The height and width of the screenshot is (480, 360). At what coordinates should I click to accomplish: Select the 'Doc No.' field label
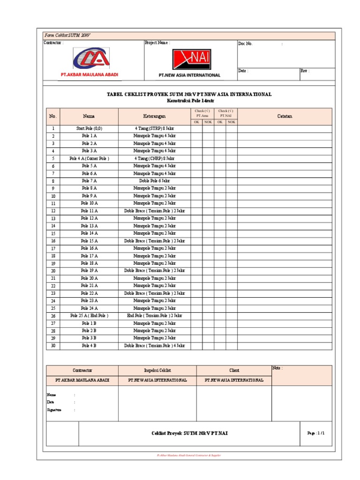(246, 44)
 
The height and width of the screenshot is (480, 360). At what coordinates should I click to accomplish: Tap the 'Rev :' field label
(305, 71)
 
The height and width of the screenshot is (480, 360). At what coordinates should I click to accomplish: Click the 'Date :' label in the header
(243, 71)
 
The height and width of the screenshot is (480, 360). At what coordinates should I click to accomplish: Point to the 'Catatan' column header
(285, 116)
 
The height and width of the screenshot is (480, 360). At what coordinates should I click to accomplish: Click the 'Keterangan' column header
(154, 116)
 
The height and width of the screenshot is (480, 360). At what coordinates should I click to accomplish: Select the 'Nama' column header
(89, 116)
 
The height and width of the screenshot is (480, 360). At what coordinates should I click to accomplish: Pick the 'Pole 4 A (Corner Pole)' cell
(89, 158)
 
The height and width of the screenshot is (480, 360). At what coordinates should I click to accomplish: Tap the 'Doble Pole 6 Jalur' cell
(154, 180)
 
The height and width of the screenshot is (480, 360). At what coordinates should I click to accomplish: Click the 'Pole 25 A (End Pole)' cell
(89, 315)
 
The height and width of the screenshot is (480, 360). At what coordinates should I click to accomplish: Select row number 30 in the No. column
(53, 346)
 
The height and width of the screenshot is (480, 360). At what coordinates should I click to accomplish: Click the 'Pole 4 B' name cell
(89, 345)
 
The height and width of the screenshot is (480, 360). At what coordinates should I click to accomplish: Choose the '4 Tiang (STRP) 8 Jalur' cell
(154, 128)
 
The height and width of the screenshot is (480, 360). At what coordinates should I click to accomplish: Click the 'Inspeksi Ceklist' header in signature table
(157, 370)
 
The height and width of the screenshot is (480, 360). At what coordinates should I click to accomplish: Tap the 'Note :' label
(277, 368)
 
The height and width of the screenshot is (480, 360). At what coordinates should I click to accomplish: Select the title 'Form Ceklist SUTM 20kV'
(61, 36)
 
